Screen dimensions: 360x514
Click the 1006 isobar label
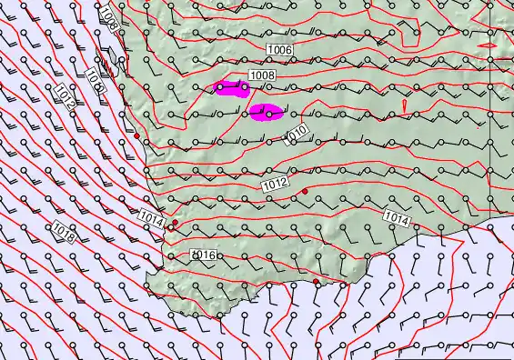(280, 49)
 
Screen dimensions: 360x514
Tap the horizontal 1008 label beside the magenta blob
(262, 75)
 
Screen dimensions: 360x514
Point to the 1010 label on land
(297, 135)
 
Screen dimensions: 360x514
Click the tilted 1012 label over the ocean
(64, 97)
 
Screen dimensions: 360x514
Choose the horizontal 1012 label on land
(276, 185)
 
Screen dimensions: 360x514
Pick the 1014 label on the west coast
(153, 217)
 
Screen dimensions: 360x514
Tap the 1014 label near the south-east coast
(396, 217)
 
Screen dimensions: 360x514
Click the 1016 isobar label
(204, 255)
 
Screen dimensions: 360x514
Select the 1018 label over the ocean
(64, 231)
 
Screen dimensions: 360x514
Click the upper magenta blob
(231, 87)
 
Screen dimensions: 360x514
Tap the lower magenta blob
(265, 113)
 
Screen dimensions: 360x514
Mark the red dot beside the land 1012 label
(306, 190)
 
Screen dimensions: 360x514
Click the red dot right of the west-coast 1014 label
(175, 222)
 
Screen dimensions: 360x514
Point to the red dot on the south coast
(317, 282)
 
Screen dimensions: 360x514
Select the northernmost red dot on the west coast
(136, 135)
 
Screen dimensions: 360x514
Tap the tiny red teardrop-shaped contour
(403, 106)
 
